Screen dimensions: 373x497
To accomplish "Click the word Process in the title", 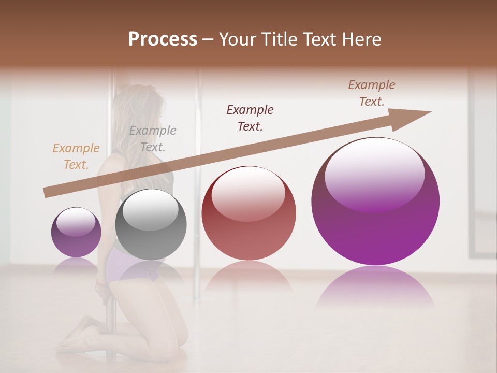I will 163,39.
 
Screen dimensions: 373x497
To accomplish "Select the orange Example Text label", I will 76,156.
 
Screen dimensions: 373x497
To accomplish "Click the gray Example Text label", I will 152,139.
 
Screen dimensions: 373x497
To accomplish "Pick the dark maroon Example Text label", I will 250,118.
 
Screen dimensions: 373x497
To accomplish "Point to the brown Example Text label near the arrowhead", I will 371,93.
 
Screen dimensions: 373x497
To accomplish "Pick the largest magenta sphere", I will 375,218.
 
